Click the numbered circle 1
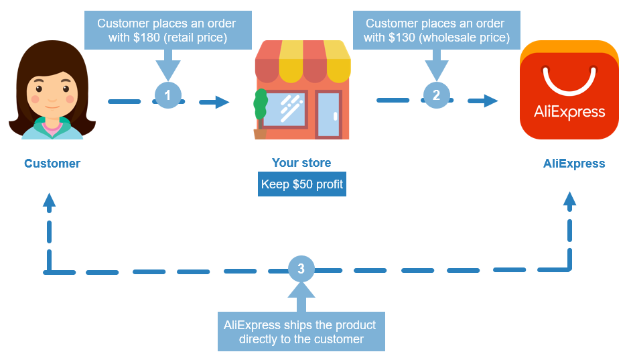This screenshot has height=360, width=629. pyautogui.click(x=167, y=95)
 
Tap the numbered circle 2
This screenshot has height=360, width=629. pyautogui.click(x=436, y=95)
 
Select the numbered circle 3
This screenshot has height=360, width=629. pyautogui.click(x=301, y=269)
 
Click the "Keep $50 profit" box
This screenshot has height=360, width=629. pyautogui.click(x=301, y=184)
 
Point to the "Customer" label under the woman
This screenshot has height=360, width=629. pyautogui.click(x=52, y=164)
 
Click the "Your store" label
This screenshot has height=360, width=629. pyautogui.click(x=301, y=163)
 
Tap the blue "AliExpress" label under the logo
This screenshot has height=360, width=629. pyautogui.click(x=574, y=164)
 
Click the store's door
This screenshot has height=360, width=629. pyautogui.click(x=328, y=114)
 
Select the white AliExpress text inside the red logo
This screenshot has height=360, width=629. pyautogui.click(x=569, y=112)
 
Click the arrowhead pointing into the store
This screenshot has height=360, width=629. pyautogui.click(x=222, y=102)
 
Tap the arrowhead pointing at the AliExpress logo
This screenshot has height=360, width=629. pyautogui.click(x=491, y=101)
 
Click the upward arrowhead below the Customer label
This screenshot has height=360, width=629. pyautogui.click(x=49, y=200)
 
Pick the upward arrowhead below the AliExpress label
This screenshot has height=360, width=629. pyautogui.click(x=569, y=198)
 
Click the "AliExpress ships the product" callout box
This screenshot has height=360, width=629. pyautogui.click(x=301, y=331)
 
